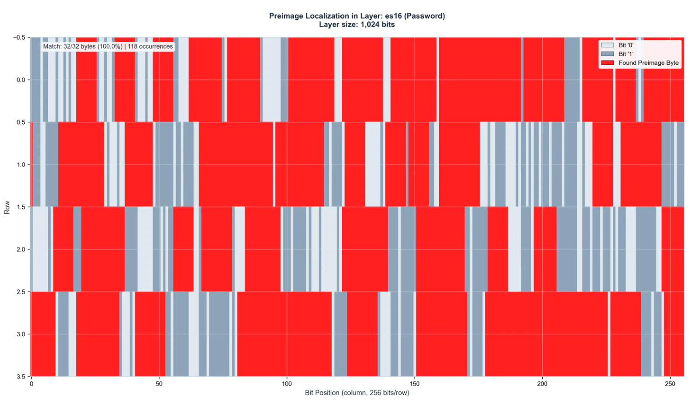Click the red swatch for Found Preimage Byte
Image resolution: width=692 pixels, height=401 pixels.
click(607, 63)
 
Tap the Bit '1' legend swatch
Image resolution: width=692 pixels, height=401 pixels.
click(607, 54)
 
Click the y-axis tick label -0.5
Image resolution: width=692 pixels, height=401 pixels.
click(19, 37)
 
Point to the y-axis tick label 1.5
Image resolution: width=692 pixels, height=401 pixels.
click(21, 207)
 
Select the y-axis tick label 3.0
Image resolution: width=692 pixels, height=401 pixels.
click(21, 334)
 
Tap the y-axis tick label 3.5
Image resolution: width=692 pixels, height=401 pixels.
click(21, 376)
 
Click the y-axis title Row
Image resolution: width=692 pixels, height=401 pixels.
click(7, 207)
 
